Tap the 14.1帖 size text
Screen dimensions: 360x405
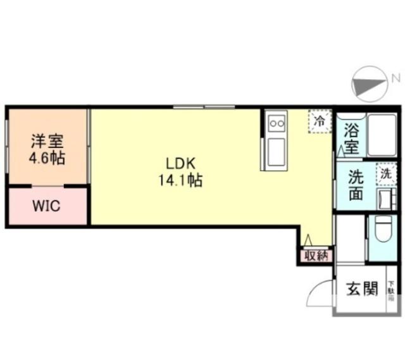180,181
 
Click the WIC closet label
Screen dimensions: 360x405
46,207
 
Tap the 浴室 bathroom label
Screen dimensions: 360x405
351,140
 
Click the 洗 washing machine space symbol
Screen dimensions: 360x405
385,173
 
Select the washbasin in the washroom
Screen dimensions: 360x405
384,198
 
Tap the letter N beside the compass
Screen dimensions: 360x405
396,78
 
